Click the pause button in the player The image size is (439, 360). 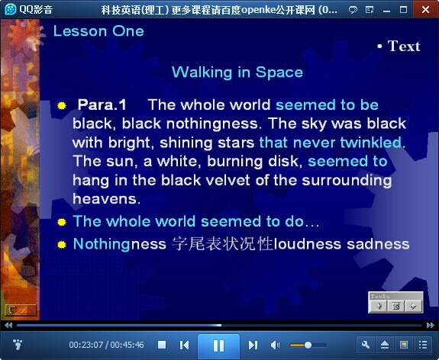[218, 346]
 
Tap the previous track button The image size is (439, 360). [184, 345]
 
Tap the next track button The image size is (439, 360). [253, 345]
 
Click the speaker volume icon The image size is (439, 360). [275, 346]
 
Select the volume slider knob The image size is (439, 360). [308, 346]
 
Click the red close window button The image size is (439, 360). [425, 9]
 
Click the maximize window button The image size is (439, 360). [403, 10]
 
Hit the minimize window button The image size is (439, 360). [386, 11]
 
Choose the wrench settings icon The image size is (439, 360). [366, 345]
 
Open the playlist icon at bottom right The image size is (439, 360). [423, 345]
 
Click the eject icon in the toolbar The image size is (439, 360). [385, 345]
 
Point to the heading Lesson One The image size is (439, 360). [98, 31]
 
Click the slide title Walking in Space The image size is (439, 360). [237, 72]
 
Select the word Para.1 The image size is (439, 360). [102, 105]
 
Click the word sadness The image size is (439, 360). [378, 244]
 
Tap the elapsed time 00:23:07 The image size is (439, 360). [86, 345]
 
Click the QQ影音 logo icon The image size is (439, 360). [11, 9]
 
